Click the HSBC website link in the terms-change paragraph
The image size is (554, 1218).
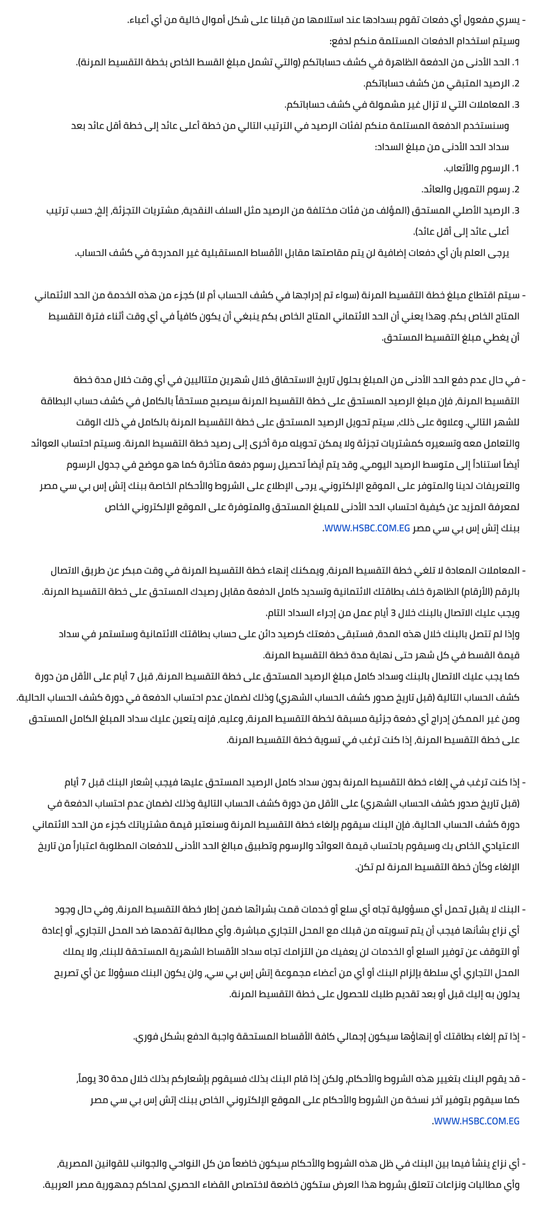coord(476,1121)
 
